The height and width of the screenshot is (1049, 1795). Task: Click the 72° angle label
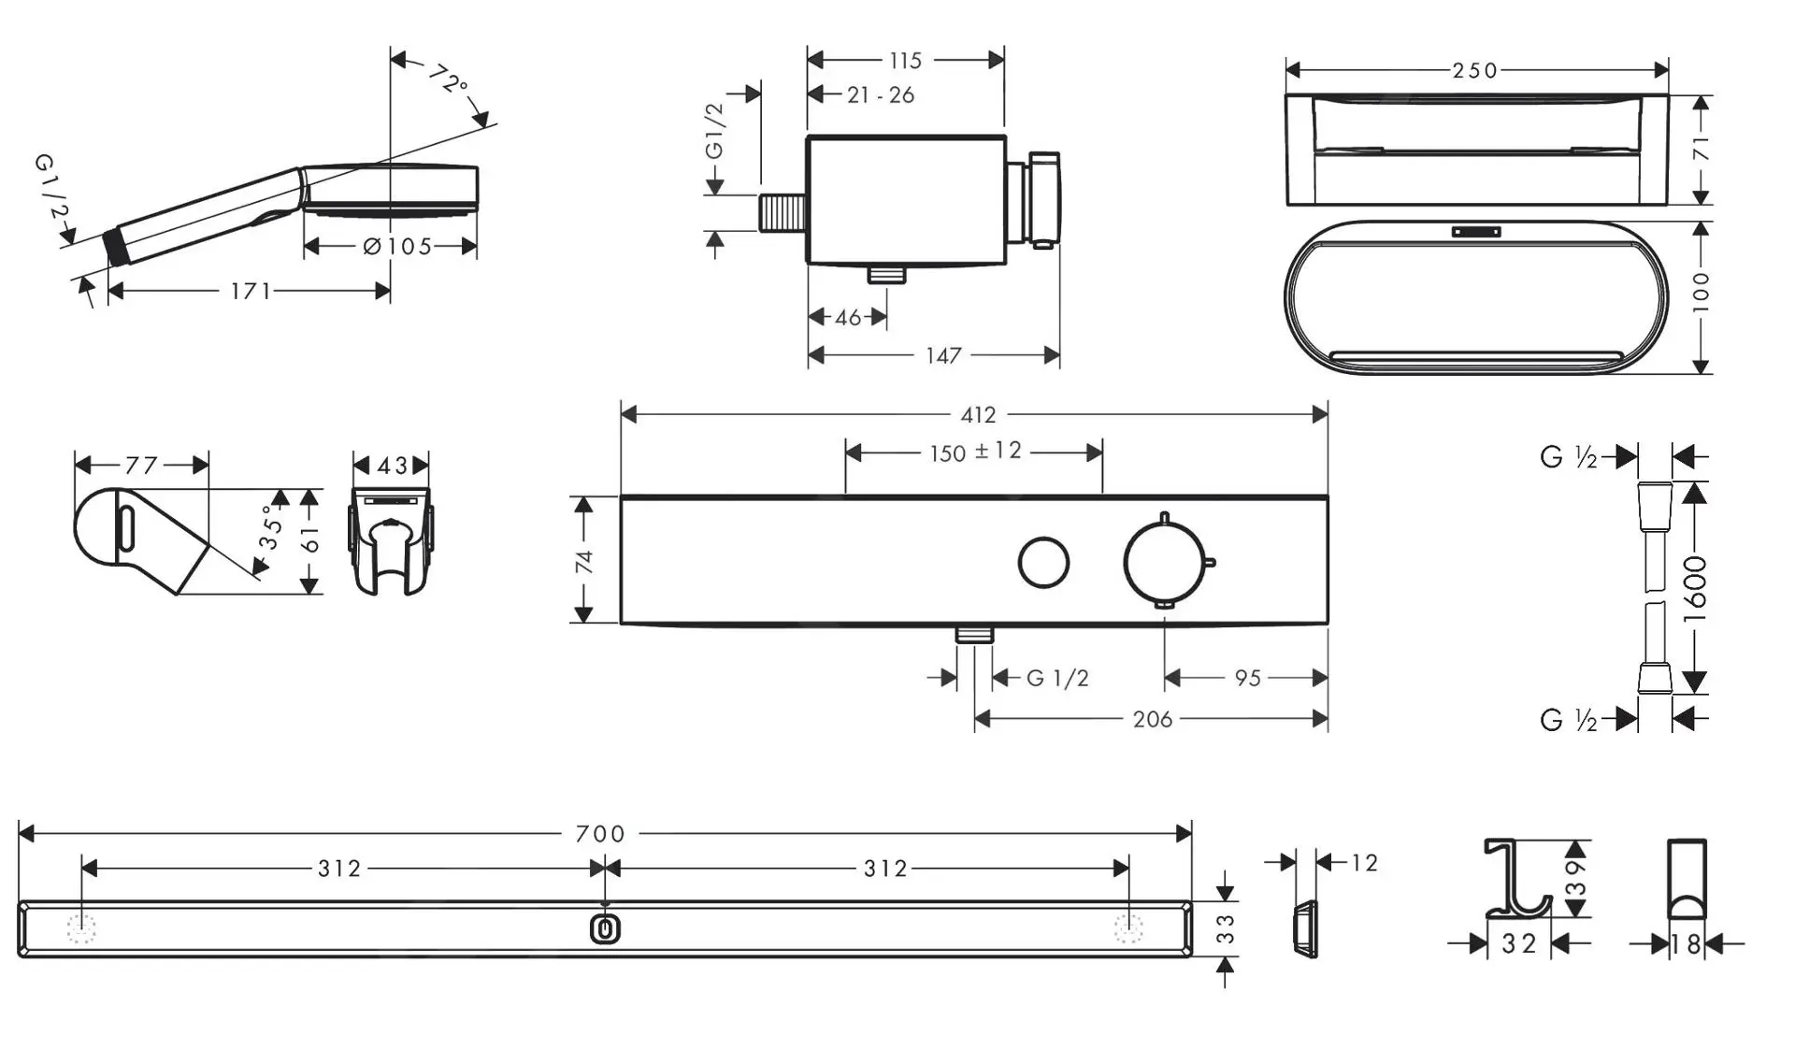[x=450, y=79]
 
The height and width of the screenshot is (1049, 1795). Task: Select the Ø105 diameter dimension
[x=397, y=247]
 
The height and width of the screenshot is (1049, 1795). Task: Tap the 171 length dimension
[x=251, y=292]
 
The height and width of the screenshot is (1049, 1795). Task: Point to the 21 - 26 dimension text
[x=881, y=95]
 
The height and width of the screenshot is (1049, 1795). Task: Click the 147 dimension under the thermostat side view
[x=943, y=356]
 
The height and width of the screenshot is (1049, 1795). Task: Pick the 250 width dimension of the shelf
[x=1475, y=71]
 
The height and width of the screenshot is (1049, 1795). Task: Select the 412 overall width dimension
[x=978, y=415]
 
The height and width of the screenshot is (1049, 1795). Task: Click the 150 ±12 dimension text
[x=975, y=453]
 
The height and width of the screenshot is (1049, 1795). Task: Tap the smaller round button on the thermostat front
[x=1043, y=563]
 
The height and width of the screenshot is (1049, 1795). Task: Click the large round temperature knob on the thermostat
[x=1165, y=562]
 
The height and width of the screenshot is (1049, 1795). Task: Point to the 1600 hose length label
[x=1694, y=589]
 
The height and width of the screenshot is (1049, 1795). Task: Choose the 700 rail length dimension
[x=600, y=834]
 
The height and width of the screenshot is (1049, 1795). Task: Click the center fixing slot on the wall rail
[x=606, y=929]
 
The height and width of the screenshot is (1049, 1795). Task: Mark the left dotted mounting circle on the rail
[x=81, y=929]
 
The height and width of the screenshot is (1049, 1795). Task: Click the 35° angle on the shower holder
[x=271, y=528]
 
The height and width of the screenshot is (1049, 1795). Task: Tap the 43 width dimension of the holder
[x=393, y=466]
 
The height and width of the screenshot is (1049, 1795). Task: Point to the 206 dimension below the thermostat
[x=1152, y=720]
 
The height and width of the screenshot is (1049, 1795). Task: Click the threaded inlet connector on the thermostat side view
[x=782, y=213]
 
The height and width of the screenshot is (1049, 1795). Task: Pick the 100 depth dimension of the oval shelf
[x=1701, y=293]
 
